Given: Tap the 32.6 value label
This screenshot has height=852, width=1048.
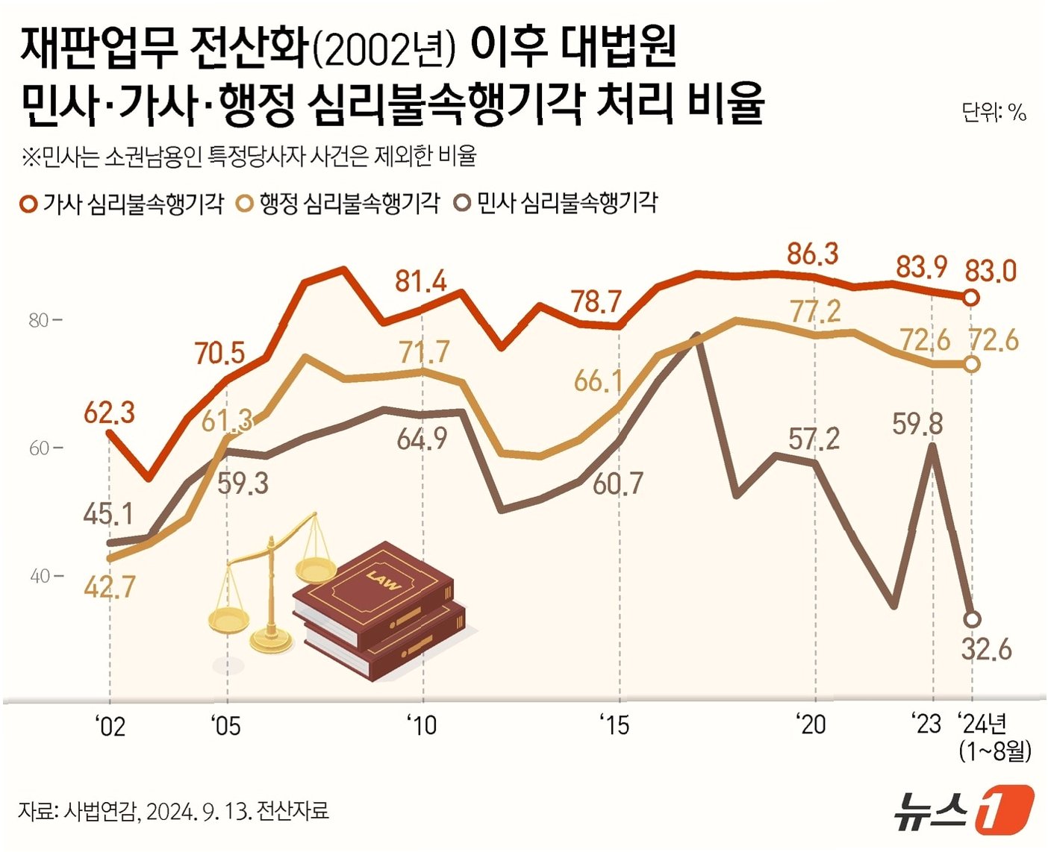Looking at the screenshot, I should pyautogui.click(x=986, y=649).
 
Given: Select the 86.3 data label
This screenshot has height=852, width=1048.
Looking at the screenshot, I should pyautogui.click(x=813, y=254).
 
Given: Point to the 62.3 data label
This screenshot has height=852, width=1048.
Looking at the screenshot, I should pyautogui.click(x=109, y=412).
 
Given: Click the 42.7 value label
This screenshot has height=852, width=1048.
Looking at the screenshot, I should pyautogui.click(x=109, y=588).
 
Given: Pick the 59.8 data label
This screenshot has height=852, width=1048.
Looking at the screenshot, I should pyautogui.click(x=917, y=425).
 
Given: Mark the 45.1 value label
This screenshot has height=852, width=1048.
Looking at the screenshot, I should pyautogui.click(x=109, y=513).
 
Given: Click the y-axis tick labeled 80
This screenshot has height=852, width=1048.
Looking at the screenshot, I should pyautogui.click(x=39, y=321).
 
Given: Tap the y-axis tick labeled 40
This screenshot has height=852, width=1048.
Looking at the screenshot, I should pyautogui.click(x=39, y=576).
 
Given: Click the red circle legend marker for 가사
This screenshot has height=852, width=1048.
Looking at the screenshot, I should pyautogui.click(x=28, y=204).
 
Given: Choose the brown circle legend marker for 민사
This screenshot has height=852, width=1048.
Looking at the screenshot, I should pyautogui.click(x=464, y=203).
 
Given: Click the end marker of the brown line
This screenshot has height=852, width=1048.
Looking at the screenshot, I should pyautogui.click(x=972, y=619).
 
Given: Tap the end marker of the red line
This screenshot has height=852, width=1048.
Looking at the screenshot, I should pyautogui.click(x=971, y=298).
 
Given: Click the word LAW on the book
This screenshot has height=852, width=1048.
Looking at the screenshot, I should pyautogui.click(x=383, y=580).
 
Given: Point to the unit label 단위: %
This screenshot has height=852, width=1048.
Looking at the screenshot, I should pyautogui.click(x=994, y=112).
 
